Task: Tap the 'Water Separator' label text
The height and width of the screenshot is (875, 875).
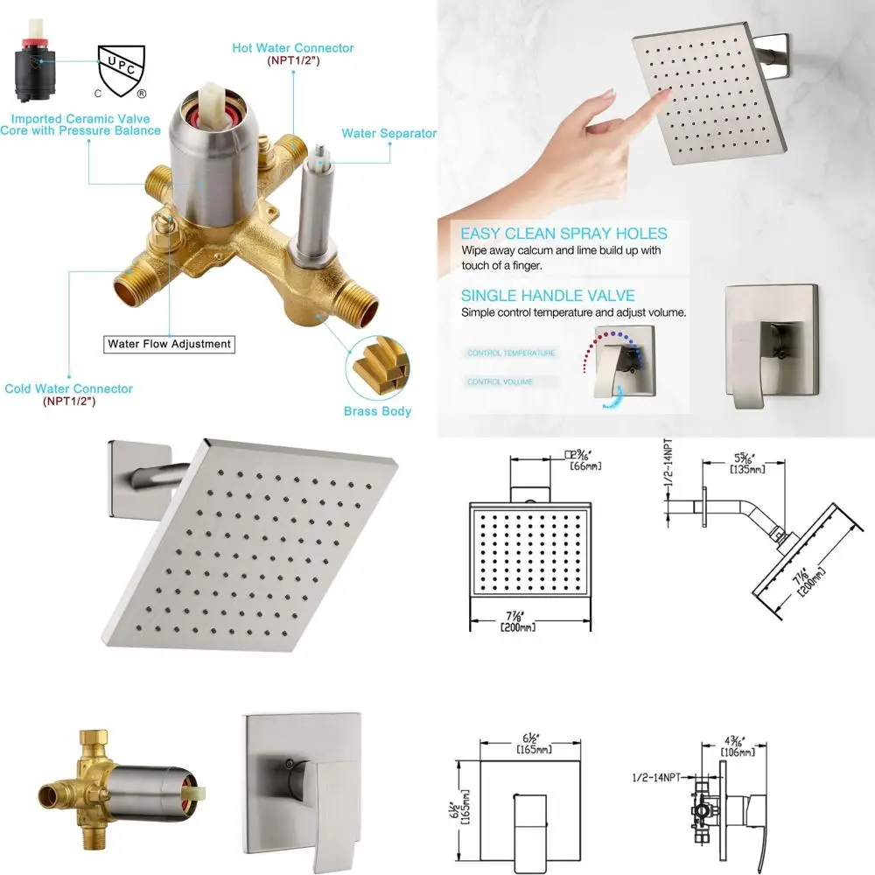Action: [388, 134]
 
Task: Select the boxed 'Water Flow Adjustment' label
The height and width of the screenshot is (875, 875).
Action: [169, 344]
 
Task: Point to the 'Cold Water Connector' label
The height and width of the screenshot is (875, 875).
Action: [69, 389]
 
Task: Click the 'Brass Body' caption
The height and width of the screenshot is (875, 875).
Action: [378, 410]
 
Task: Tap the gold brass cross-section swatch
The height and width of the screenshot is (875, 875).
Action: [378, 367]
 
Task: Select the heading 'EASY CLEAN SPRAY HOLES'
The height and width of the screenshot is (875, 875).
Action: [563, 234]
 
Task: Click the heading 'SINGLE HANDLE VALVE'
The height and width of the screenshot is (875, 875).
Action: [548, 296]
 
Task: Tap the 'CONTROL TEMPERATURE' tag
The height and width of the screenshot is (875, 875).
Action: [511, 353]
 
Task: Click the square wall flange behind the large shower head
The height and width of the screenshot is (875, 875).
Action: [125, 477]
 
